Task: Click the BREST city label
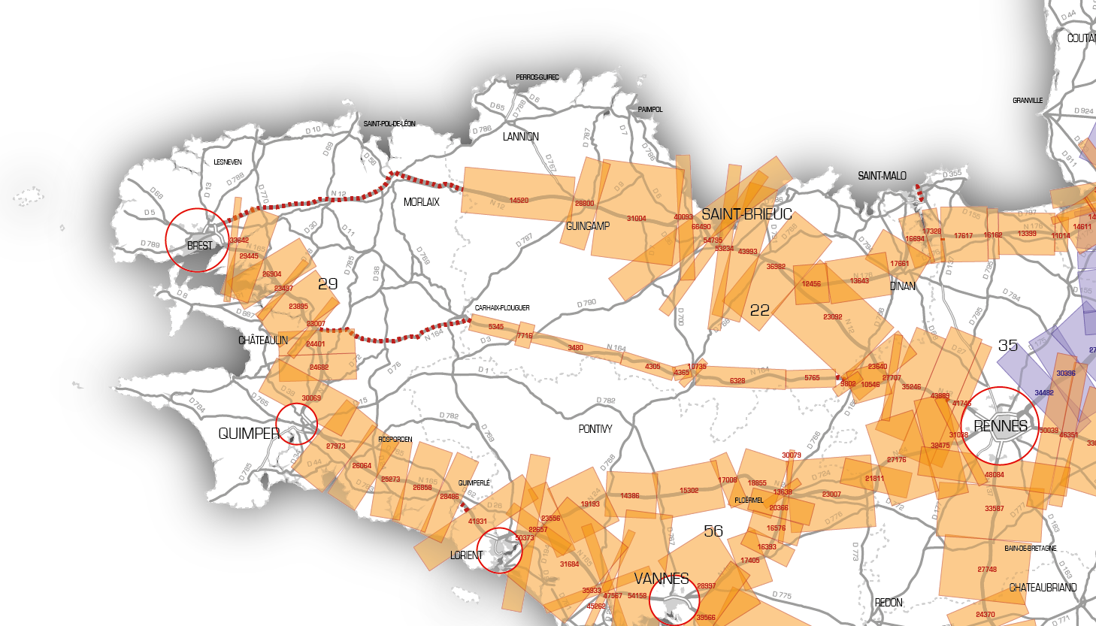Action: (x=200, y=246)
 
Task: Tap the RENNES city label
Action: (x=1001, y=426)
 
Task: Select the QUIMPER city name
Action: (x=249, y=434)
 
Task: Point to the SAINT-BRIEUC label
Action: (x=746, y=214)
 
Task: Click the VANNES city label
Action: (x=662, y=579)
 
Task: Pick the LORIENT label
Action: (x=466, y=555)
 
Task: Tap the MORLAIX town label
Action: (x=421, y=202)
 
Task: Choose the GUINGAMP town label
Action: (x=588, y=226)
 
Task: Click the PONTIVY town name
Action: (x=595, y=429)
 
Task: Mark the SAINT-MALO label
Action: (x=882, y=176)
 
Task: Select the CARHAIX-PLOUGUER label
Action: (x=502, y=308)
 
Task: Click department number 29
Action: (x=328, y=284)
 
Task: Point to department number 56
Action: (x=713, y=531)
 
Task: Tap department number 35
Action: (x=1008, y=346)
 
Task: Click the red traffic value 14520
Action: (x=519, y=201)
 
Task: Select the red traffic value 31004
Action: (x=637, y=219)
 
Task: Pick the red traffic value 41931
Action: (x=477, y=522)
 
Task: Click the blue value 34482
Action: (x=1044, y=393)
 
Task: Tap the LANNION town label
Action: (x=521, y=137)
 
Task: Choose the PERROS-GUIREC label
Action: (x=537, y=77)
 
